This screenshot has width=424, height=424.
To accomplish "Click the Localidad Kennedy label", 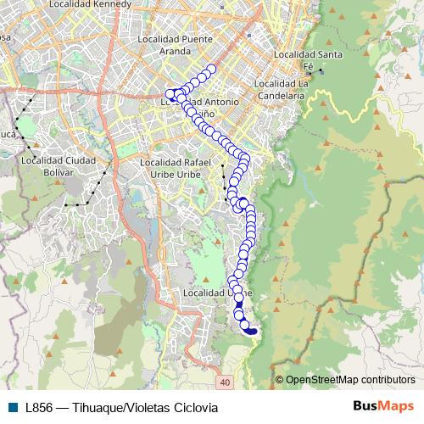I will click(x=92, y=4).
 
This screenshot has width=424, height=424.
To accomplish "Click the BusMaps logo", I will click(x=384, y=405).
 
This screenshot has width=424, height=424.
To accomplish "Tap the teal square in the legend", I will click(x=12, y=407).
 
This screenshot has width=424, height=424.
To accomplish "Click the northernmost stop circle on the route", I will click(x=211, y=69).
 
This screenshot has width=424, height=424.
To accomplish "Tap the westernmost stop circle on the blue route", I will click(x=170, y=94).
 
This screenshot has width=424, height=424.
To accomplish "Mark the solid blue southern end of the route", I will click(x=253, y=332).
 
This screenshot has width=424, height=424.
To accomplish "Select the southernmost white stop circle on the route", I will click(x=246, y=325).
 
